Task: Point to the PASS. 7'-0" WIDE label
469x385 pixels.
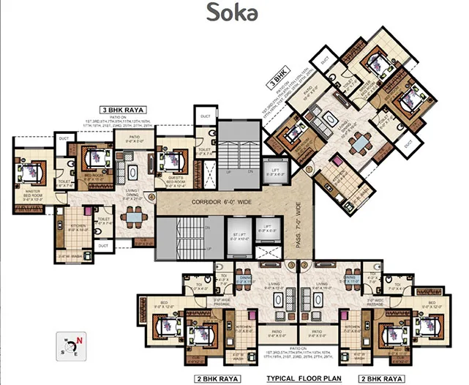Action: click(300, 220)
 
